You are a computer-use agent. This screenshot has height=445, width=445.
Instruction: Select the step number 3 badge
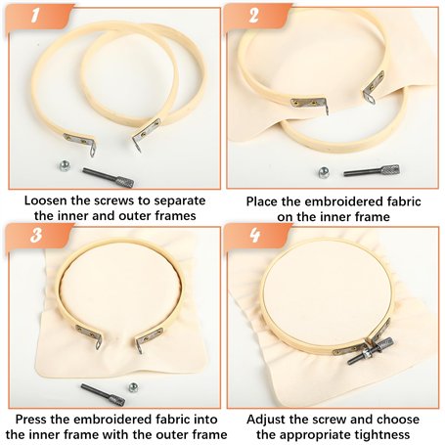[x=36, y=235]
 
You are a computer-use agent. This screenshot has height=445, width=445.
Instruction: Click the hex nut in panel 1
[x=66, y=166]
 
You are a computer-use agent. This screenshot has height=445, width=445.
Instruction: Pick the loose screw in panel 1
[x=108, y=177]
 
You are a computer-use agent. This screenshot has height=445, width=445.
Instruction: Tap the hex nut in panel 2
[x=324, y=172]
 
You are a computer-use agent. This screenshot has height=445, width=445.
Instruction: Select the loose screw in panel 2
[x=372, y=170]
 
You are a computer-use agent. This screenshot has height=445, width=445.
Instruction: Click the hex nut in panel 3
[x=133, y=387]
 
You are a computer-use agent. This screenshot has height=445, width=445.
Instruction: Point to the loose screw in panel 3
[x=103, y=394]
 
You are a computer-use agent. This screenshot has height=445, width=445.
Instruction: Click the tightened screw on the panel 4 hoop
[x=371, y=351]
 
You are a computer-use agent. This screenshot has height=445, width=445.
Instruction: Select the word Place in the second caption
[x=262, y=201]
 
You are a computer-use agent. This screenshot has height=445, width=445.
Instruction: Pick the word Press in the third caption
[x=31, y=420]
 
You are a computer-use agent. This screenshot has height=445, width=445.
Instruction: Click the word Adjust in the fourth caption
[x=266, y=420]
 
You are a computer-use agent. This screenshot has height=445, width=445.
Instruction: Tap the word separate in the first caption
[x=180, y=201]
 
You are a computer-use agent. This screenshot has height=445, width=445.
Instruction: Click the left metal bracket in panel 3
[x=89, y=335]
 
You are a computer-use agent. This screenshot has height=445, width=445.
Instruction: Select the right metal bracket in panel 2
[x=374, y=87]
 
